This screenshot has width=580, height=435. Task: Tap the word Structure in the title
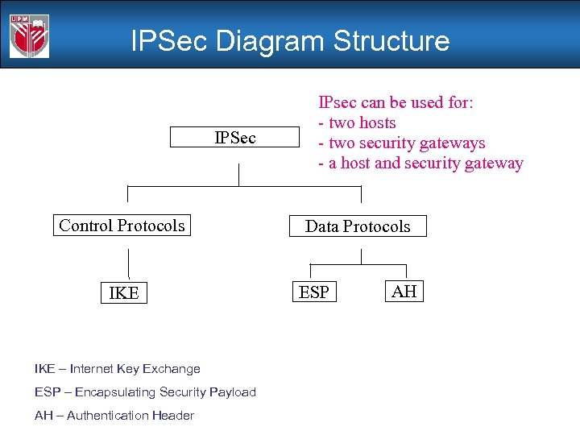pos(391,40)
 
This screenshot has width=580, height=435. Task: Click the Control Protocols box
pos(122,226)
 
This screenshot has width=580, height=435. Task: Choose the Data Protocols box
pos(357,226)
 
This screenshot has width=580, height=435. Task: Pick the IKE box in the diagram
pos(123,293)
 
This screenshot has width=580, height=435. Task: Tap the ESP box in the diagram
pos(314,292)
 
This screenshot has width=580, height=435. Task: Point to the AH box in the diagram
pos(404,291)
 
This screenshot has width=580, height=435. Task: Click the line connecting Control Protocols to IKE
pos(128,264)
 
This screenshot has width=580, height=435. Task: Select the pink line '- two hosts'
pos(357,123)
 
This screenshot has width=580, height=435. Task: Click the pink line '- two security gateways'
pos(401,143)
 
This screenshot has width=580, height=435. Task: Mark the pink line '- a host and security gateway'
pos(420,164)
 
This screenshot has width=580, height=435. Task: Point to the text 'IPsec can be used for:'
pos(396,103)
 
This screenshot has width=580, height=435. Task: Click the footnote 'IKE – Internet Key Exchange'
pos(117,369)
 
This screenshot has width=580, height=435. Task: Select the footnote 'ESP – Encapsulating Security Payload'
pos(145,392)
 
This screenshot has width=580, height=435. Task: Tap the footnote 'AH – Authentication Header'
pos(114,416)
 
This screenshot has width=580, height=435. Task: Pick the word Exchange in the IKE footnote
pos(172,369)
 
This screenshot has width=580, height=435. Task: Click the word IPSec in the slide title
pos(168,40)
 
